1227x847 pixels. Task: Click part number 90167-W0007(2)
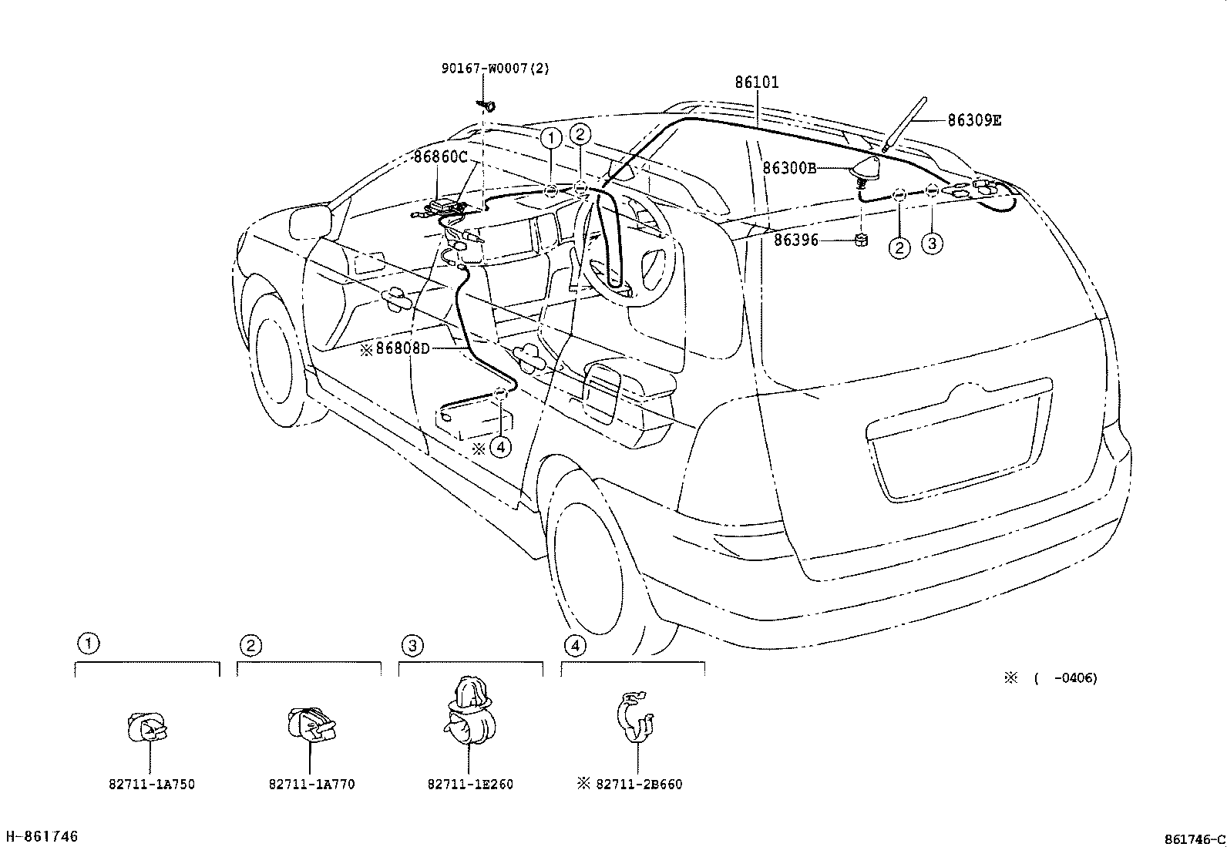point(495,68)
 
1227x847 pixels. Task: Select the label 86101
point(756,82)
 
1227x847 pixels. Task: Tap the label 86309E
point(974,120)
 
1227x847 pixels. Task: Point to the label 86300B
point(789,168)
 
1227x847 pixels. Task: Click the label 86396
point(796,240)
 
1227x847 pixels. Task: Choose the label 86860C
point(440,157)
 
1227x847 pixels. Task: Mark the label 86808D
point(401,348)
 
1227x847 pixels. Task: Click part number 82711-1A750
point(151,785)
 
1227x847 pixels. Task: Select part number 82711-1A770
point(311,785)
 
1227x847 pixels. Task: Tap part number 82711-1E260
point(470,785)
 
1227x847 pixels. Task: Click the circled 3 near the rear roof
point(932,244)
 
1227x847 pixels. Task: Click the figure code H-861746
point(42,836)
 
